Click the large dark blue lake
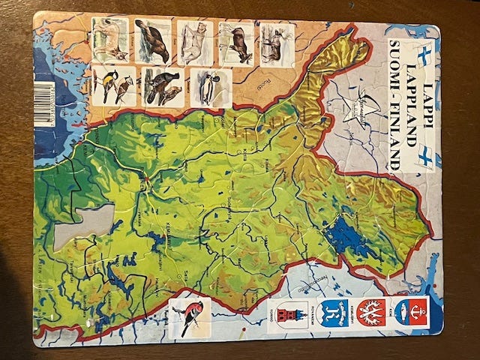click(347, 238)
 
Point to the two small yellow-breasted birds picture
click(114, 85)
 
